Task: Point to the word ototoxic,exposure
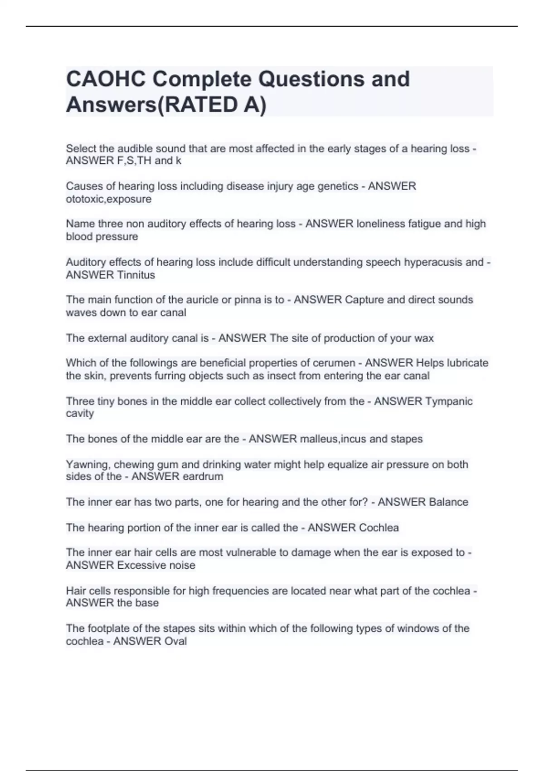point(108,199)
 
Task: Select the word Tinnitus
point(136,275)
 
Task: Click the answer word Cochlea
point(379,528)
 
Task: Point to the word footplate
point(109,629)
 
